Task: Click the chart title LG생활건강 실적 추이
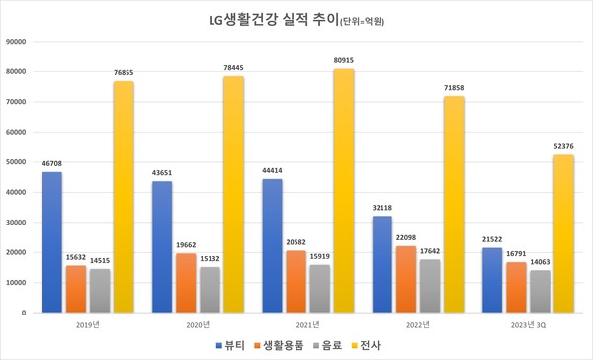(296, 18)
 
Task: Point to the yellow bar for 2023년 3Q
(563, 233)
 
